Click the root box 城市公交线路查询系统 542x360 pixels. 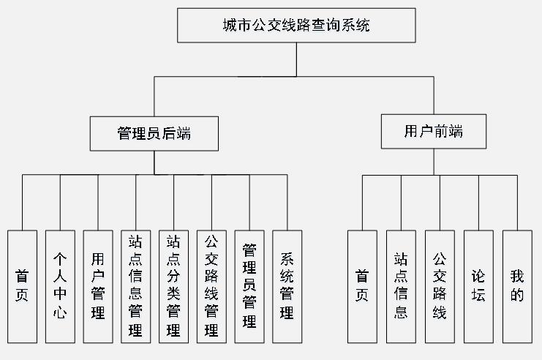pos(296,26)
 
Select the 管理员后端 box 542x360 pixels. pos(154,133)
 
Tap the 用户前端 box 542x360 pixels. pos(433,131)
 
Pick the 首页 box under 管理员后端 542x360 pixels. pos(22,286)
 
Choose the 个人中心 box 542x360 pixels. pos(60,286)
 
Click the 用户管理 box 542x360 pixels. pos(98,286)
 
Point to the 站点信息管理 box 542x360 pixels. pos(135,286)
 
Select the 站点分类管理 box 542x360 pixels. pos(173,286)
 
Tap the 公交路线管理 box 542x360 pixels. pos(211,286)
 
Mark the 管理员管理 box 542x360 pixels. pos(249,286)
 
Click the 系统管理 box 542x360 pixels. pos(287,286)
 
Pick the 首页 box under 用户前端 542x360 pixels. pos(362,286)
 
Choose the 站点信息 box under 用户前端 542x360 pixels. pos(401,286)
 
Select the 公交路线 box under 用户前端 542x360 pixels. pos(440,286)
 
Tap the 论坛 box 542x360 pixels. pos(478,286)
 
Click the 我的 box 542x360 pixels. pos(517,286)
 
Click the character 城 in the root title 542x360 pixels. pos(230,26)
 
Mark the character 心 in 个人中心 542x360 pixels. pos(60,315)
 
